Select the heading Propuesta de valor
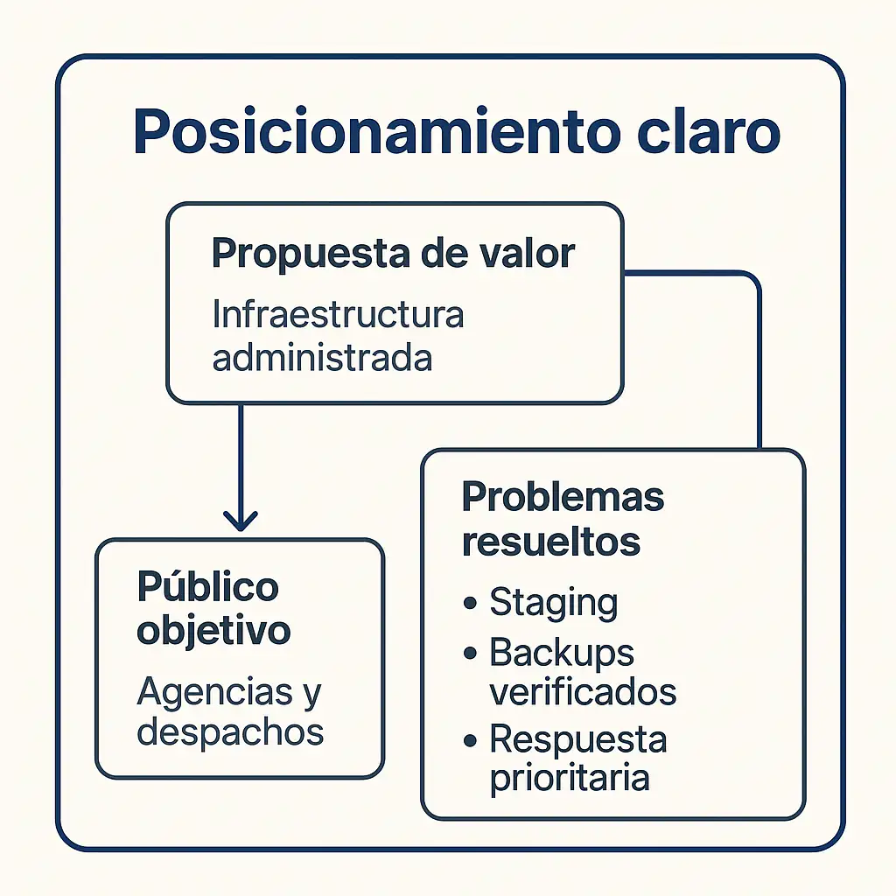click(393, 254)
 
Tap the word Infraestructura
click(338, 315)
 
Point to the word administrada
click(322, 359)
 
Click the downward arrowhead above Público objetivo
click(240, 521)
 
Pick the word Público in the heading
click(207, 587)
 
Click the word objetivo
click(213, 631)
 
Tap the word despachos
click(231, 732)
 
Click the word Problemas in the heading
click(563, 498)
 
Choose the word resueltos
click(551, 542)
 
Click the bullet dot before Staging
click(472, 603)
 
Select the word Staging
click(553, 604)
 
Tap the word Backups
click(562, 653)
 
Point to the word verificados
click(583, 692)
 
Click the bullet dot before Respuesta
click(472, 740)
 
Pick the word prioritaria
click(569, 778)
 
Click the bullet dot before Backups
click(472, 653)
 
